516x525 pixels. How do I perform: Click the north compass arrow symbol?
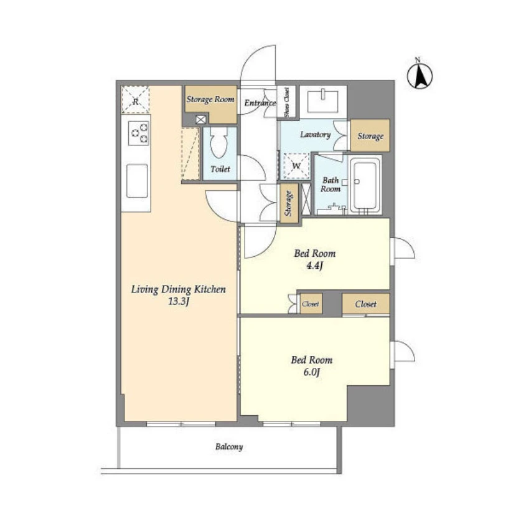click(x=420, y=75)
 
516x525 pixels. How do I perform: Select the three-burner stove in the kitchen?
click(x=139, y=133)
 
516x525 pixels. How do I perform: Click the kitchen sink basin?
click(x=137, y=181)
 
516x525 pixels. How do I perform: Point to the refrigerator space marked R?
click(x=135, y=100)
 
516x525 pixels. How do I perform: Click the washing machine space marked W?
click(x=296, y=166)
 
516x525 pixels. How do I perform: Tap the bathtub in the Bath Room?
click(x=365, y=185)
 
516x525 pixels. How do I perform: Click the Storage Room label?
click(x=210, y=99)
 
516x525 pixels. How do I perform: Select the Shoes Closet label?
click(x=287, y=102)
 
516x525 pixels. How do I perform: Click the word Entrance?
click(x=260, y=103)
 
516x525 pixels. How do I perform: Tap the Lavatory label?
click(x=315, y=135)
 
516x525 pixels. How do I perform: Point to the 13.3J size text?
click(x=179, y=301)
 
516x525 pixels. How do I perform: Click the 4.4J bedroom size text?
click(x=314, y=266)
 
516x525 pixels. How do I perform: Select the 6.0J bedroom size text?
click(x=311, y=372)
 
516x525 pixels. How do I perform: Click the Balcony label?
click(x=229, y=447)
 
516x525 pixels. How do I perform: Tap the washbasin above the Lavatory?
click(x=322, y=100)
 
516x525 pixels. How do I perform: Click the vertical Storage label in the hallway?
click(x=288, y=203)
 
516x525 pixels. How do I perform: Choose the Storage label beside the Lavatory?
click(x=370, y=137)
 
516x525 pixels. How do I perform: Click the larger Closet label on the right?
click(x=365, y=304)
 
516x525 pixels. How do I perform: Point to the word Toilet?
click(x=220, y=169)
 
